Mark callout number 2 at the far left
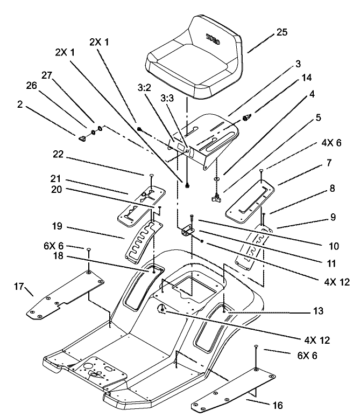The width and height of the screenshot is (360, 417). pyautogui.click(x=20, y=105)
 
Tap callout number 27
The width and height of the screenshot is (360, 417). pyautogui.click(x=47, y=77)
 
